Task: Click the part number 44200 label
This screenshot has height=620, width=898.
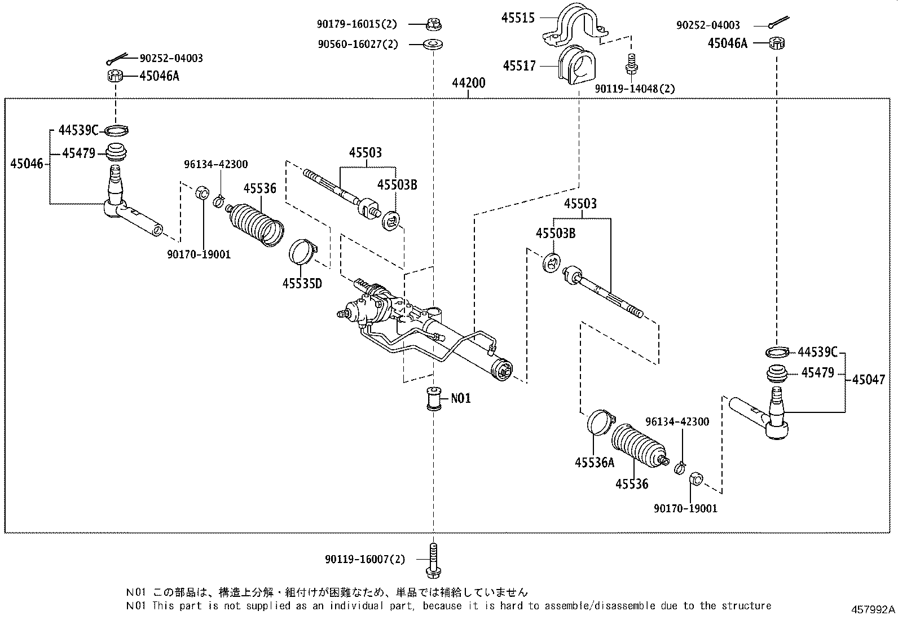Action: pos(468,83)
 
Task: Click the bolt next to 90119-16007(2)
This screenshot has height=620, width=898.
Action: pos(433,560)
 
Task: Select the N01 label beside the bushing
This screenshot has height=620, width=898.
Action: pos(460,398)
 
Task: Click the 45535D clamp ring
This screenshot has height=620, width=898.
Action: pos(303,252)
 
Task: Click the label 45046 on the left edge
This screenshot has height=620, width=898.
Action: pos(26,164)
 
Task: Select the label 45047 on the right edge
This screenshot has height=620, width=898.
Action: pos(868,380)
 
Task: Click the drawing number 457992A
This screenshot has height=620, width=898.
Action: pos(873,610)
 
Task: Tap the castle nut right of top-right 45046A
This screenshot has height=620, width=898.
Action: pos(778,43)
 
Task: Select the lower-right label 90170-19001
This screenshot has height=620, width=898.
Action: pos(685,508)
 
